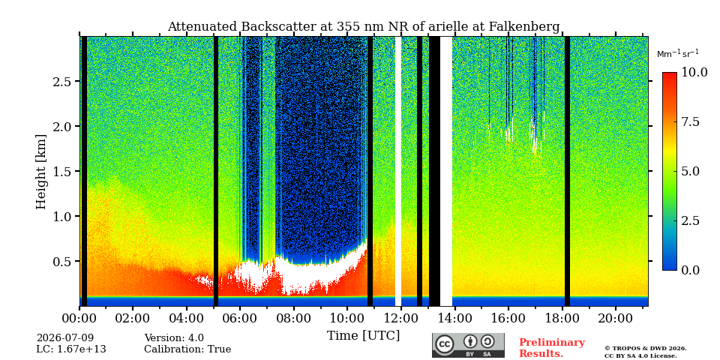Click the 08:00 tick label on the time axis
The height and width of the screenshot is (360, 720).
[293, 318]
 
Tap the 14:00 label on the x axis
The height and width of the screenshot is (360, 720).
[454, 318]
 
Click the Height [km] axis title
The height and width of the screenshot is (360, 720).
[41, 172]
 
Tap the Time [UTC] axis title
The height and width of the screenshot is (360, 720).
[363, 336]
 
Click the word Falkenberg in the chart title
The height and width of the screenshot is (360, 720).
[522, 27]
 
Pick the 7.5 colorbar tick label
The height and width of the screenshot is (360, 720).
[690, 121]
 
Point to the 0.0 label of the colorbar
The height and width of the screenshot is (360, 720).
[690, 270]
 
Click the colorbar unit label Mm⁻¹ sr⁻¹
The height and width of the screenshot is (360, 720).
[678, 54]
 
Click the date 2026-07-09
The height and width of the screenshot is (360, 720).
[65, 338]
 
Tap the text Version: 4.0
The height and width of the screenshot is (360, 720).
[174, 338]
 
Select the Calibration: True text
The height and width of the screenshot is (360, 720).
[187, 349]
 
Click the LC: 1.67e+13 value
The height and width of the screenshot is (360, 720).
[71, 349]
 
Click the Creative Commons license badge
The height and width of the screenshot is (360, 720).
[468, 345]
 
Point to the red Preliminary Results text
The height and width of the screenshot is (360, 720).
[552, 348]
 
